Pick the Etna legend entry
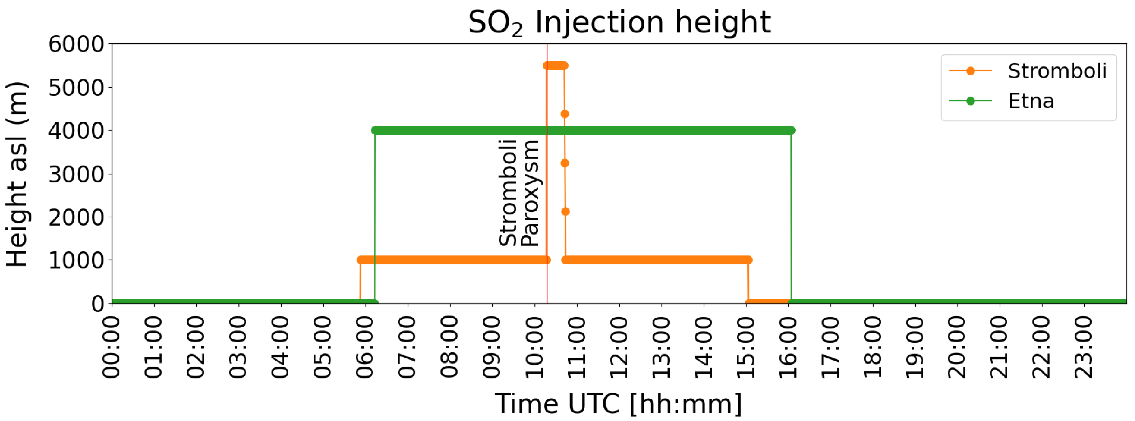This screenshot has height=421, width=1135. [x=1030, y=101]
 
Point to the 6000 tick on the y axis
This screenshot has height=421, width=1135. [x=76, y=44]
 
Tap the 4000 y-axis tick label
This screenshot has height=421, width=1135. [x=76, y=130]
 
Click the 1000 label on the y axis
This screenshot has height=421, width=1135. [x=76, y=260]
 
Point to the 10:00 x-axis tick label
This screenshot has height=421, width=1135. [x=534, y=347]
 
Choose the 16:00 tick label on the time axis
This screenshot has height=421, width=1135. [x=788, y=347]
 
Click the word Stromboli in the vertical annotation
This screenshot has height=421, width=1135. [x=508, y=193]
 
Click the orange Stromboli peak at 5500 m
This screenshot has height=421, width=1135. [x=555, y=66]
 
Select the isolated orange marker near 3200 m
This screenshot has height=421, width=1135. [x=565, y=163]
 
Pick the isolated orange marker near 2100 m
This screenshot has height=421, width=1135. [x=566, y=212]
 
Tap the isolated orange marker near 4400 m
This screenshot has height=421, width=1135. [x=565, y=114]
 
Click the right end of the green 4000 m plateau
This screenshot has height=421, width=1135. [x=791, y=130]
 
